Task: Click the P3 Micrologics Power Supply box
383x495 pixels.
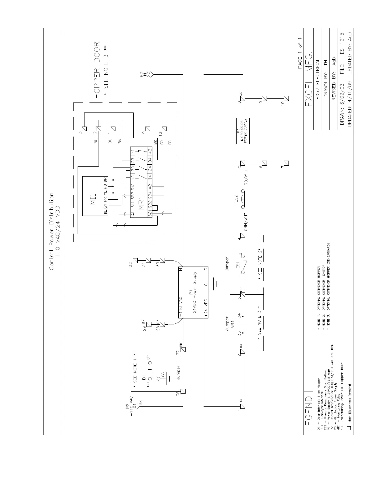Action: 243,131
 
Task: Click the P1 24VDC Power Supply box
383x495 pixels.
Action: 193,292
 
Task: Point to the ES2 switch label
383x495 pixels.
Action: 237,199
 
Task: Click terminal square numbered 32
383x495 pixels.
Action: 135,260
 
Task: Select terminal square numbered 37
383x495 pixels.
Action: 183,350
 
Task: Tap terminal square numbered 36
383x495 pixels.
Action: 183,391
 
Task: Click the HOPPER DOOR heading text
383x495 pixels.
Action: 97,70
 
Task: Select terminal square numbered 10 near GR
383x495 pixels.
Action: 286,98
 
